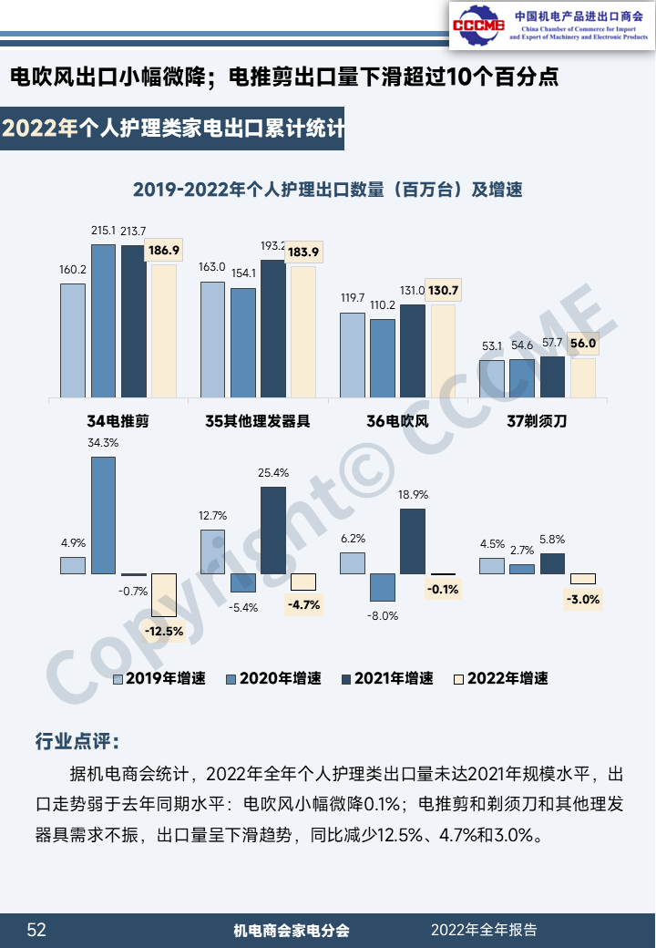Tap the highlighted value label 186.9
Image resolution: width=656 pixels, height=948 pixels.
click(164, 250)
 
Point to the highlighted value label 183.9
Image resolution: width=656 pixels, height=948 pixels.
click(303, 252)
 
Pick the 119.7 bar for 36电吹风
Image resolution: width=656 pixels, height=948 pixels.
click(352, 355)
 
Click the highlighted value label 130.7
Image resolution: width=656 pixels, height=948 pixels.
click(443, 291)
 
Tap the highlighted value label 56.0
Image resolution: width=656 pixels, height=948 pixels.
click(582, 344)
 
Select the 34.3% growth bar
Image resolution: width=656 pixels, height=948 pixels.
click(103, 515)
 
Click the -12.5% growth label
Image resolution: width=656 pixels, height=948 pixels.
click(164, 630)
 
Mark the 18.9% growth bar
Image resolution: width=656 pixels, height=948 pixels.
click(413, 541)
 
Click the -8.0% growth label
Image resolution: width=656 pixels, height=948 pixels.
click(383, 615)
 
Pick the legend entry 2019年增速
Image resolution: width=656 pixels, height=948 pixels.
click(159, 678)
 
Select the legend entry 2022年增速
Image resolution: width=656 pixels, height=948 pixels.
click(501, 678)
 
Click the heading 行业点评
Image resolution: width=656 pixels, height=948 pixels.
click(77, 740)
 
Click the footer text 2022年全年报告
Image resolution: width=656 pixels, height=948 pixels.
click(484, 930)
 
